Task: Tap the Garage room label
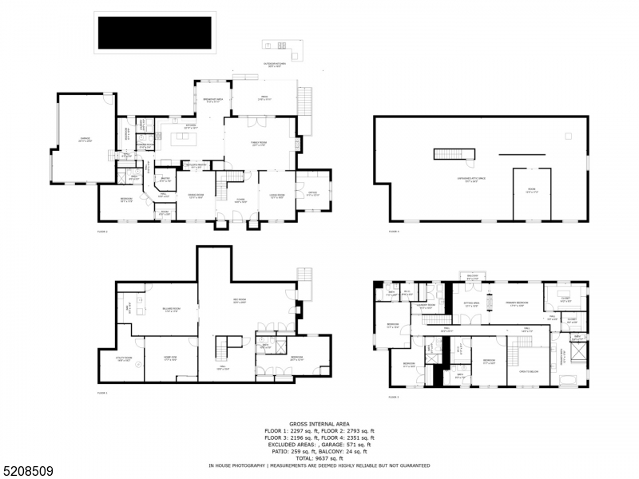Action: pyautogui.click(x=85, y=139)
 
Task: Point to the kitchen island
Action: pyautogui.click(x=184, y=141)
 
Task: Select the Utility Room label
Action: pyautogui.click(x=124, y=359)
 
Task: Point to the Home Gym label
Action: pyautogui.click(x=170, y=359)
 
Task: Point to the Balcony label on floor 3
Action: pyautogui.click(x=472, y=276)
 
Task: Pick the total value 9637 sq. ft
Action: pyautogui.click(x=319, y=458)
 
